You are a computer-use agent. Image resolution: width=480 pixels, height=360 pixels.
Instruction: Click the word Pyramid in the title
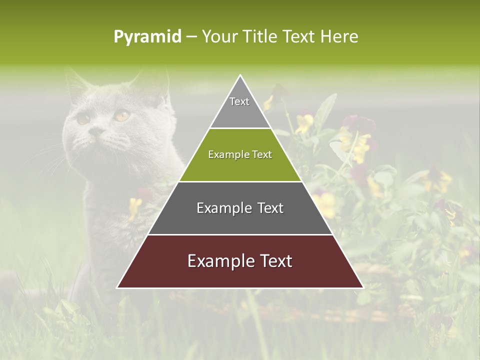click(x=147, y=37)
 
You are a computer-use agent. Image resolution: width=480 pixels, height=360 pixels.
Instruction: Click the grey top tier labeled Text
click(x=240, y=107)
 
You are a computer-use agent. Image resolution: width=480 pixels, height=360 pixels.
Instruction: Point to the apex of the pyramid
click(x=240, y=76)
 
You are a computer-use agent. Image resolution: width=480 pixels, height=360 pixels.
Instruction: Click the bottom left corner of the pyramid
click(x=118, y=287)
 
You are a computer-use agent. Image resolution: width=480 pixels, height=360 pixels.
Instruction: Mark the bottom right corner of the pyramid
click(x=363, y=287)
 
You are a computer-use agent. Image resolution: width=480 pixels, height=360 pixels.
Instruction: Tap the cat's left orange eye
click(x=83, y=119)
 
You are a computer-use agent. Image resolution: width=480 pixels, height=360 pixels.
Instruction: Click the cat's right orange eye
click(x=121, y=116)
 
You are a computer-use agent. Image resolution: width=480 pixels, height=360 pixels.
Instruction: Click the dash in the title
click(x=191, y=37)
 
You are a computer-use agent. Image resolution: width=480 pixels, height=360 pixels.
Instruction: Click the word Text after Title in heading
click(x=299, y=36)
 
